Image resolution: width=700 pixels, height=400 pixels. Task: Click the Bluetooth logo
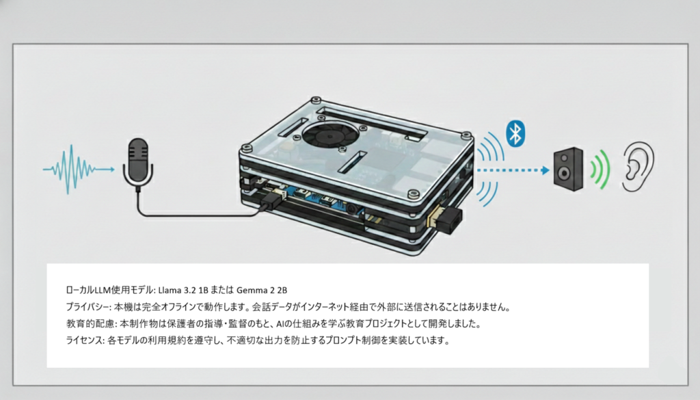pos(515,132)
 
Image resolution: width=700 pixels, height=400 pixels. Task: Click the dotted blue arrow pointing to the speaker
pos(513,168)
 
